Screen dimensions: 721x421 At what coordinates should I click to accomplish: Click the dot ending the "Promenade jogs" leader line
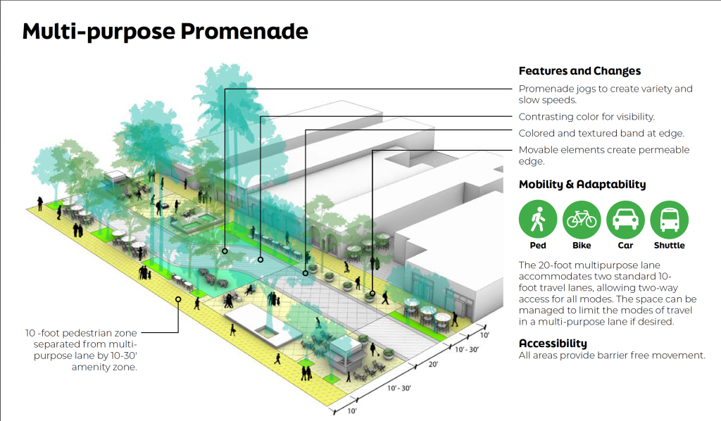click(225, 251)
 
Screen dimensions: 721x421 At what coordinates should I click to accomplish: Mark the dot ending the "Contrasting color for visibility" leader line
click(261, 260)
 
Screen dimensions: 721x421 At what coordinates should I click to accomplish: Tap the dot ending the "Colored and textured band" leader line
click(306, 273)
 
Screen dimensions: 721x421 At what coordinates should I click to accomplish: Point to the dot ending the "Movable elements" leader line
click(372, 294)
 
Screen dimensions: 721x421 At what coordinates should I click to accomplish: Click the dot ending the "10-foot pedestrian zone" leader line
click(178, 299)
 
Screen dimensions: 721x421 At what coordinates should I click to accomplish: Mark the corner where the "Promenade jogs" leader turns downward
click(225, 89)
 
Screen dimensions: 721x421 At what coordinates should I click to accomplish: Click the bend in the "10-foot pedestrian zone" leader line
click(178, 332)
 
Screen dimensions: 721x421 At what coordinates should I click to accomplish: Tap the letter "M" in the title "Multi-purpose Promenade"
click(34, 31)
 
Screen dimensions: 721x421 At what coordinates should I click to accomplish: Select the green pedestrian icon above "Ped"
click(537, 219)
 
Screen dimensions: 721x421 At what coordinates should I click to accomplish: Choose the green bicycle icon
click(582, 219)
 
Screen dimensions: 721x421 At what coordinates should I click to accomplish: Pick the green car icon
click(625, 219)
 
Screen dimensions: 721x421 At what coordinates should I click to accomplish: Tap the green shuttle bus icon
click(669, 219)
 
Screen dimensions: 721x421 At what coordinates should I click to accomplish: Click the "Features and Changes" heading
click(579, 71)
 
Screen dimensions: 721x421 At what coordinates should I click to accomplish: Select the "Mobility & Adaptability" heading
click(582, 184)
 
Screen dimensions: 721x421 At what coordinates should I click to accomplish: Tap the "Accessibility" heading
click(553, 344)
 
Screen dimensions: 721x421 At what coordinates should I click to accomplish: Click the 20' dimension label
click(433, 364)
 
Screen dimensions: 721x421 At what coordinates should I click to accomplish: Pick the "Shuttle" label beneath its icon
click(669, 246)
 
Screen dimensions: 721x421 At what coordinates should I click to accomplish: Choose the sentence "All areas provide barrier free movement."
click(612, 356)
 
